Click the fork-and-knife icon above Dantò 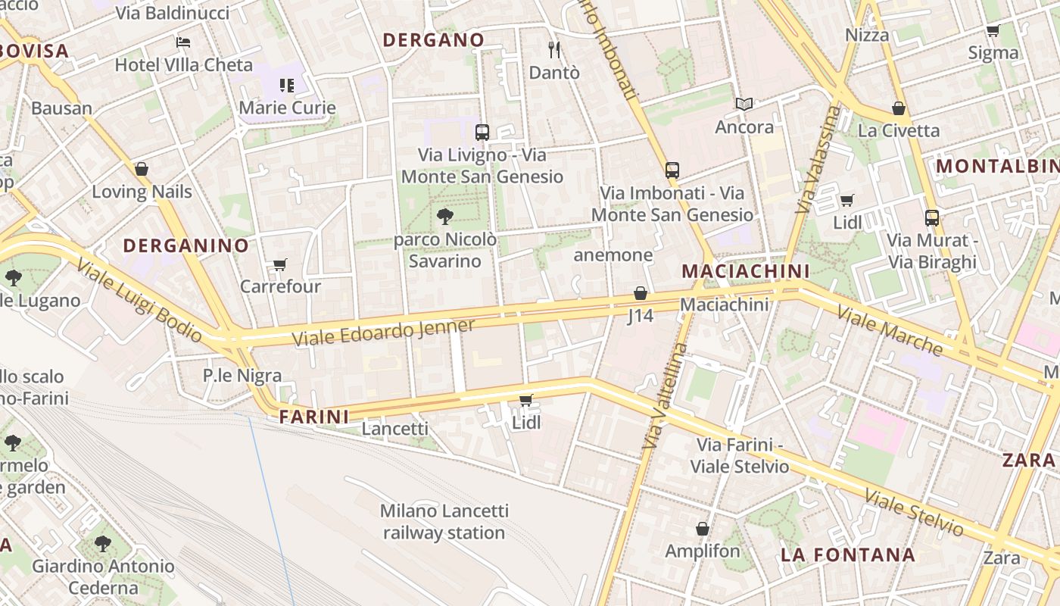(x=554, y=50)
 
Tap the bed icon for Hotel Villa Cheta (x=183, y=42)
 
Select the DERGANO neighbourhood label (x=434, y=40)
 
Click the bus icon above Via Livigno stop (x=482, y=133)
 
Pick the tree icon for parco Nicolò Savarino (x=445, y=217)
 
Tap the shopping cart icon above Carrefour (x=280, y=265)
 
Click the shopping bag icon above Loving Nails (x=142, y=169)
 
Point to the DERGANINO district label (x=185, y=245)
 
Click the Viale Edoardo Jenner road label (x=383, y=333)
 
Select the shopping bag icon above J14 (x=641, y=293)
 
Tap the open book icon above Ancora (x=745, y=105)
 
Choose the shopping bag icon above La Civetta (x=899, y=108)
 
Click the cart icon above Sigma (x=993, y=31)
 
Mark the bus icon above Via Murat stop (x=932, y=218)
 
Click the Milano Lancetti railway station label (x=444, y=522)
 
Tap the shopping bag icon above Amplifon (x=703, y=529)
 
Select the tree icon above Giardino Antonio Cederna (x=103, y=543)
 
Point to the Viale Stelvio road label (x=914, y=513)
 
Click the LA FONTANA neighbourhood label (x=848, y=555)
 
